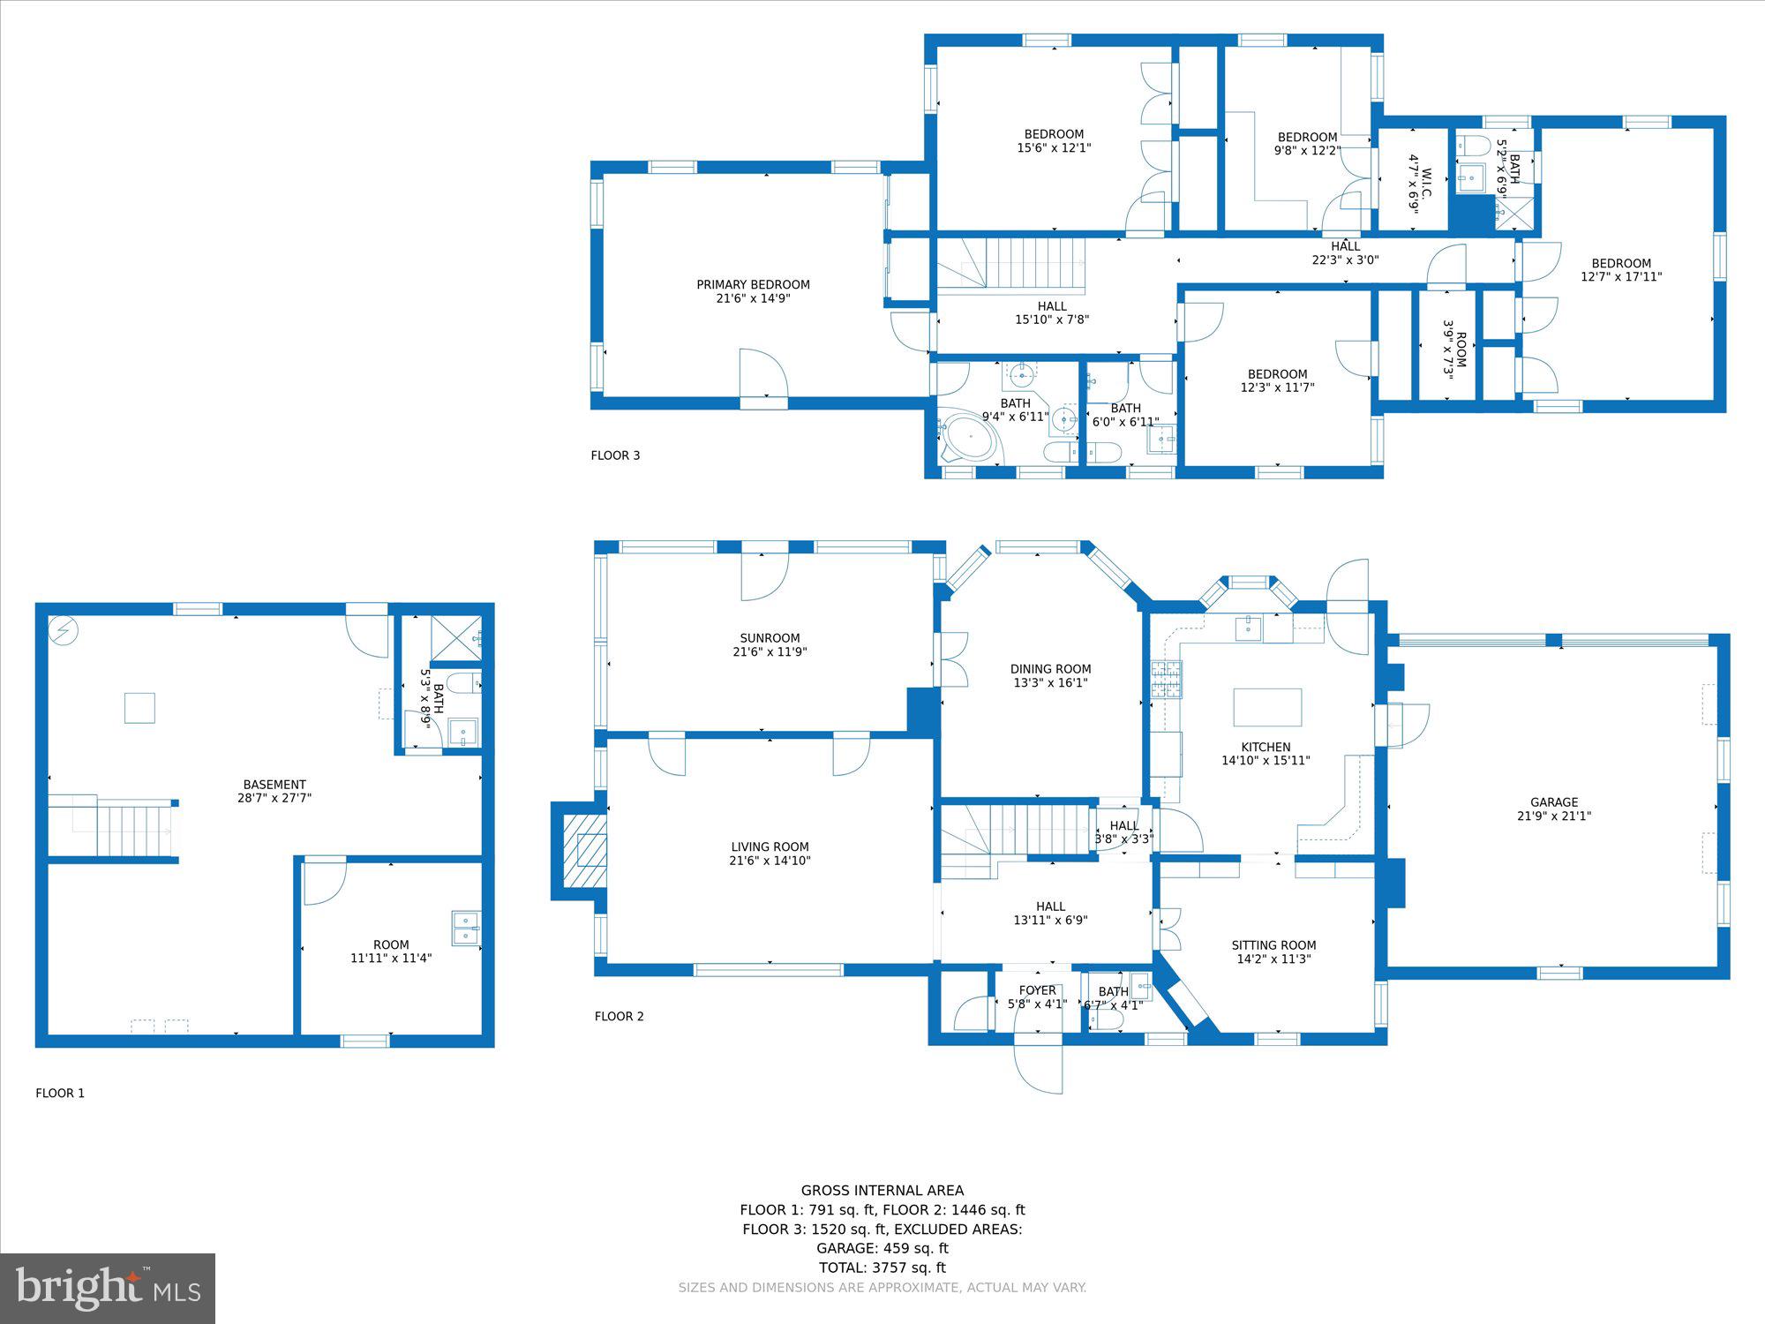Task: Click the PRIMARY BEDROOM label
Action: coord(753,284)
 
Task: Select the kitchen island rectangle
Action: coord(1267,707)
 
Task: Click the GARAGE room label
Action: coord(1554,802)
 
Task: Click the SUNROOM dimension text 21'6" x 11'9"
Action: coord(770,652)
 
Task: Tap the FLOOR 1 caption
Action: coord(60,1093)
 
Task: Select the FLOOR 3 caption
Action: coord(615,455)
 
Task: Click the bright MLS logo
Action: coord(108,1289)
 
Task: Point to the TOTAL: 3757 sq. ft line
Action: coord(882,1268)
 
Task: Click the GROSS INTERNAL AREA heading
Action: coord(882,1191)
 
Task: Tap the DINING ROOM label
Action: coord(1050,669)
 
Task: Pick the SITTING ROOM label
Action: coord(1273,945)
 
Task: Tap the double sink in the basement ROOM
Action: coord(465,929)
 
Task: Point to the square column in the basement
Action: coord(139,708)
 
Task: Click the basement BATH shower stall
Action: coord(456,637)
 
